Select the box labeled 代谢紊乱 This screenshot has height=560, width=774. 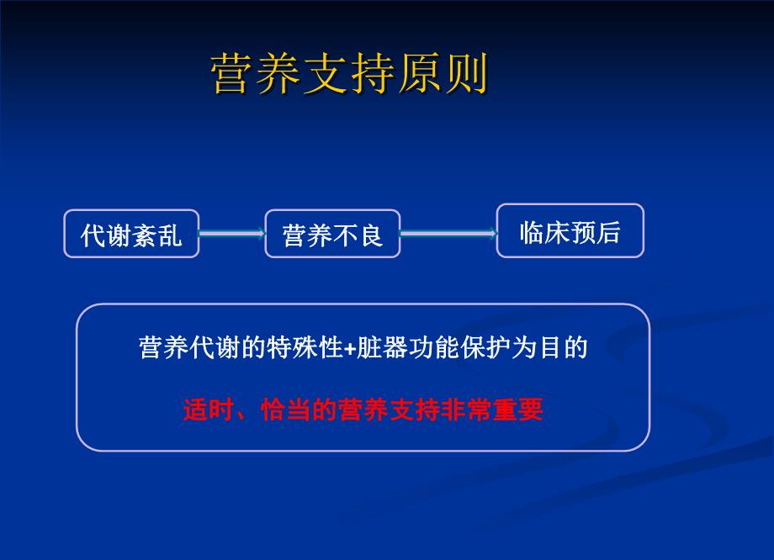point(131,234)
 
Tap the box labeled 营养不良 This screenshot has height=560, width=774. point(332,234)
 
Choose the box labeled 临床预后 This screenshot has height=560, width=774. point(570,230)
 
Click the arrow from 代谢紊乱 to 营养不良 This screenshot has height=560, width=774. point(231,234)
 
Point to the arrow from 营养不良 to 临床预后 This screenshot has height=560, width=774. point(448,234)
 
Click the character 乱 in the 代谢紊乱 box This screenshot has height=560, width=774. point(170,235)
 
